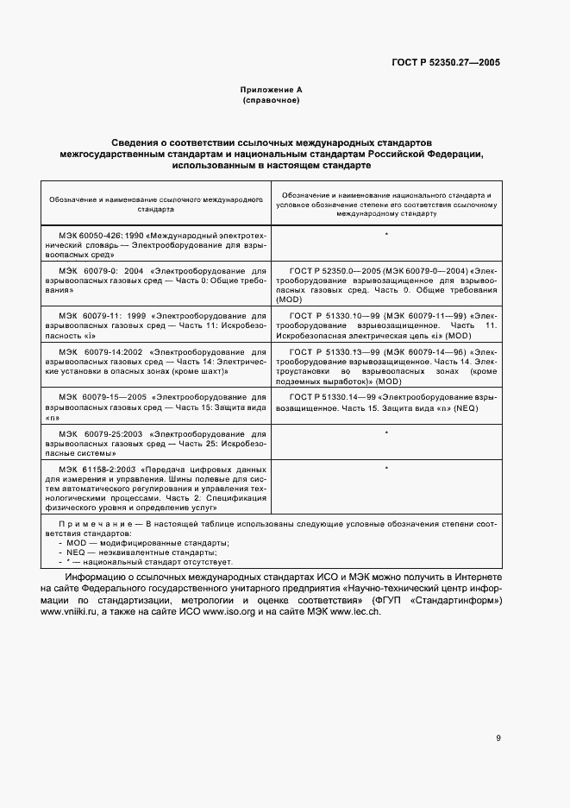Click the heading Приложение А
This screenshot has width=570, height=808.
coord(271,90)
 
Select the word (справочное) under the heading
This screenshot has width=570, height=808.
coord(271,100)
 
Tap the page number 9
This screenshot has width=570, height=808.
coord(498,737)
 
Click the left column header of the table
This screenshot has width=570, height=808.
coord(155,204)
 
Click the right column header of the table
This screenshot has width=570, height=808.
coord(385,204)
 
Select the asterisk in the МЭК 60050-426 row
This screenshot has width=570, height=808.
coord(385,235)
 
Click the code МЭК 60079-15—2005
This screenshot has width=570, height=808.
coord(98,394)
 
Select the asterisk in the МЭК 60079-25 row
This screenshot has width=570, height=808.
coord(385,432)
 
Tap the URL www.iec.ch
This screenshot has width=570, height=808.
coord(354,612)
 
